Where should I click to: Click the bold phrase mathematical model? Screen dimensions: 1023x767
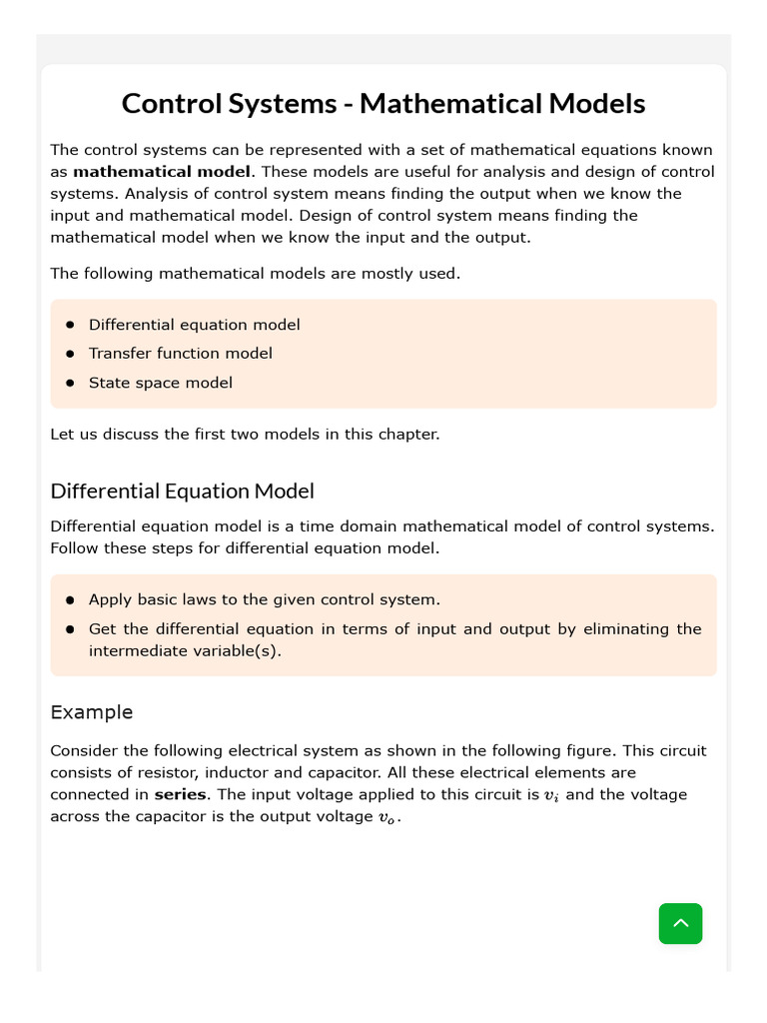(162, 172)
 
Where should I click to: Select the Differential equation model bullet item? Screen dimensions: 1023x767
(194, 325)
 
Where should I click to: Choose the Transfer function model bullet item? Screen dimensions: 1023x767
(180, 354)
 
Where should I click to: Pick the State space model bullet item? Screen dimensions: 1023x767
(160, 383)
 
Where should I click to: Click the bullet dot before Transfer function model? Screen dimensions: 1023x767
(70, 354)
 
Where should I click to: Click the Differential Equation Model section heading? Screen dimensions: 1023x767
(182, 491)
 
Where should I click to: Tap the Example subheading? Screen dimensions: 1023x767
(91, 712)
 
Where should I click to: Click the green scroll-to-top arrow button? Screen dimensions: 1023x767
(680, 923)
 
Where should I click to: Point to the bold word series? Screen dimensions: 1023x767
(180, 795)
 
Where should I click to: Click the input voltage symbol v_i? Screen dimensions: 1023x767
(551, 796)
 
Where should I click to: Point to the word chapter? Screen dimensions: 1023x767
(407, 435)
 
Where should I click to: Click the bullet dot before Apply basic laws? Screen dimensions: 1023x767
(70, 600)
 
